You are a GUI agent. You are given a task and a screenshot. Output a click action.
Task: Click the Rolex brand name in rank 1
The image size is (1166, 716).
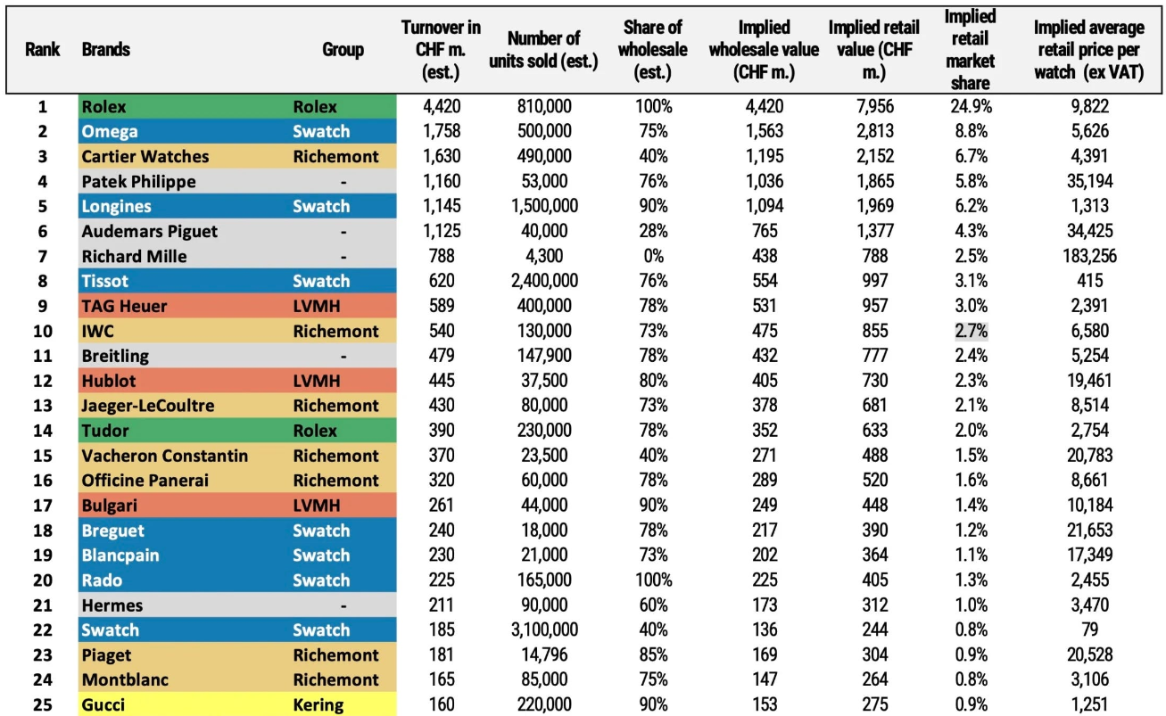tap(103, 107)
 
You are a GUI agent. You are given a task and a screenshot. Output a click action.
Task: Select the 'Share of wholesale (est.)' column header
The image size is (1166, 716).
tap(653, 49)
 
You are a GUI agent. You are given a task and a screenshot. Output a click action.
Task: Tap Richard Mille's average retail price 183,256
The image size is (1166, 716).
tap(1089, 256)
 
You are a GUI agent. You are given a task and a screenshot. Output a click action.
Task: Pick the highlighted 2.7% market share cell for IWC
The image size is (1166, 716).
tap(971, 331)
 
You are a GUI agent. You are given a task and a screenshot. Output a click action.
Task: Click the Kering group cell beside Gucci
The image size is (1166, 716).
tap(318, 704)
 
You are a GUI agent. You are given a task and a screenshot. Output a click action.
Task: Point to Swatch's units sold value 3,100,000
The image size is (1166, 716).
tap(544, 630)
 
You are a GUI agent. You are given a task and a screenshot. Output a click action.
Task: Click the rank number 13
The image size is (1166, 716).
tap(43, 406)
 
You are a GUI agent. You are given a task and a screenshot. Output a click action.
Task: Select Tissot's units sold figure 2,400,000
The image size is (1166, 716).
tap(544, 281)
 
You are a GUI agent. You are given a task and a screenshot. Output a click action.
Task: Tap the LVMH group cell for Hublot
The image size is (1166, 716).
tap(317, 381)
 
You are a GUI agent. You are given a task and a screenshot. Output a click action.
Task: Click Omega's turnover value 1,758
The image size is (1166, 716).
tap(442, 131)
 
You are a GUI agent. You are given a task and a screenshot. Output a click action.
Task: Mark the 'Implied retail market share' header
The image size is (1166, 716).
tap(971, 49)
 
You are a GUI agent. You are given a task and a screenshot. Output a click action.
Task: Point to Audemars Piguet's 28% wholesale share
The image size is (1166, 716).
tap(653, 231)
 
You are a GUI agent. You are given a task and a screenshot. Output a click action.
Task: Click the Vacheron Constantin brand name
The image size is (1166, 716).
tap(164, 456)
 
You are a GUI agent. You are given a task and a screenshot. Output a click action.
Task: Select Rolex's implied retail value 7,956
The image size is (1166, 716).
tap(874, 107)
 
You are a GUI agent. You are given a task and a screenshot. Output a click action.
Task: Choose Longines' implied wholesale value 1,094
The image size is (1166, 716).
tap(765, 206)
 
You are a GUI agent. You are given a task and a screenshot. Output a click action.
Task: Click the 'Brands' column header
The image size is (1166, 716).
tap(105, 49)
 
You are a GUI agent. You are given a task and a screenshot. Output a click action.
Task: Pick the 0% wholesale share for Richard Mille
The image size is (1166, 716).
tap(653, 256)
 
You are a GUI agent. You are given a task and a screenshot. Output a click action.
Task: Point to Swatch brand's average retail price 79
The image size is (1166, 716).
tap(1089, 630)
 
